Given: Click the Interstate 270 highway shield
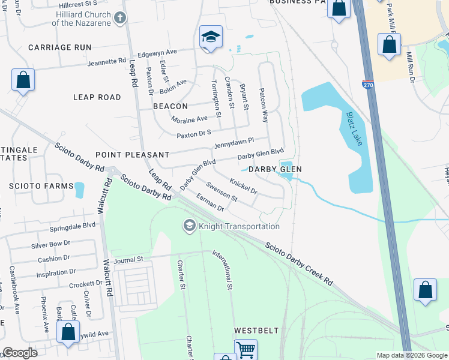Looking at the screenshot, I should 368,86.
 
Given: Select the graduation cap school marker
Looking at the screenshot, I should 211,37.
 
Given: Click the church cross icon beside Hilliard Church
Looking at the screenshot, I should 120,17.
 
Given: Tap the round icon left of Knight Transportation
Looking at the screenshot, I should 189,226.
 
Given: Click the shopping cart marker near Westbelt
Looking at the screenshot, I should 245,350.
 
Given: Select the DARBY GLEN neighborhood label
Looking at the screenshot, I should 275,170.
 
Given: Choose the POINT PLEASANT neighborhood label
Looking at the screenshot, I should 124,155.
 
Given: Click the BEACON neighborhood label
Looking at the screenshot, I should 170,106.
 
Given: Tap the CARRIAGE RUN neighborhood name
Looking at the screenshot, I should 59,47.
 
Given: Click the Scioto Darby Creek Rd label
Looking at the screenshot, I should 299,263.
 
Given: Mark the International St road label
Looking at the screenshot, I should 221,271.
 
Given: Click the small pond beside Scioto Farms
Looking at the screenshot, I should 79,190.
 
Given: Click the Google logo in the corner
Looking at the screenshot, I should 20,353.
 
